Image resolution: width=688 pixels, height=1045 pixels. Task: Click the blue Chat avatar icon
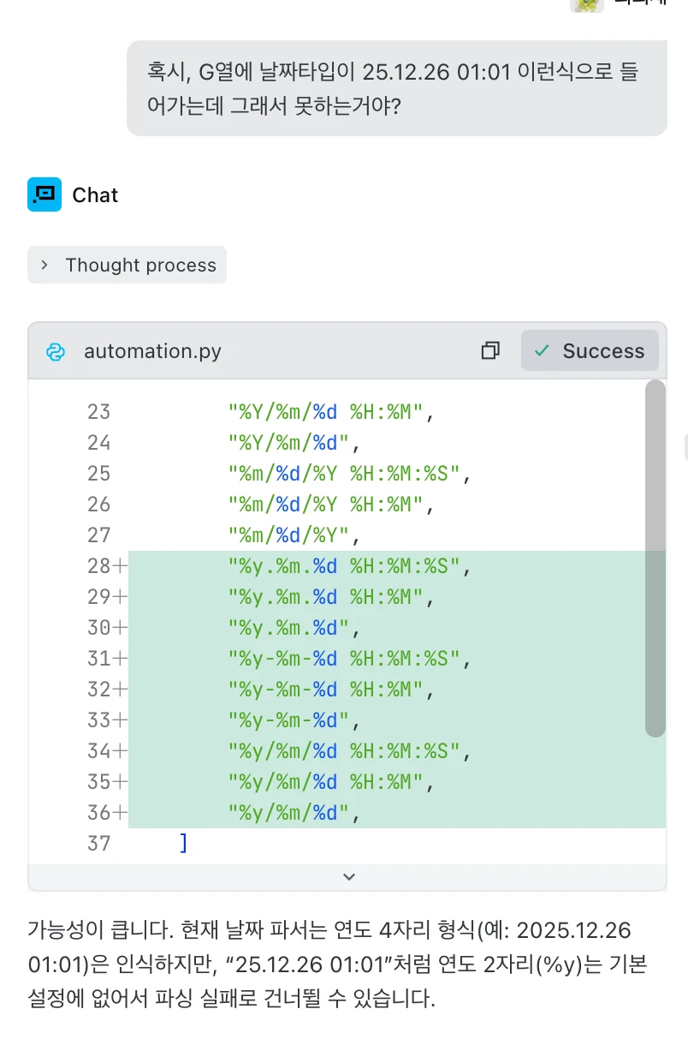[44, 194]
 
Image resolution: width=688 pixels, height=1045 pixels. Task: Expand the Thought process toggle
[127, 266]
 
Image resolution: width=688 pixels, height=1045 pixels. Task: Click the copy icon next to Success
[490, 350]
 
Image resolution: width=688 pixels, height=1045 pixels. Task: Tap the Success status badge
[590, 350]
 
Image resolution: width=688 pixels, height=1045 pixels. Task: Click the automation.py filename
[152, 351]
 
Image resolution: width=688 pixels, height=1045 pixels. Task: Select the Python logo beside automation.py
[56, 351]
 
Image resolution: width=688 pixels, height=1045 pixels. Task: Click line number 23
[99, 412]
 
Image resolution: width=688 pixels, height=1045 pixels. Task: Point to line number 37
[99, 844]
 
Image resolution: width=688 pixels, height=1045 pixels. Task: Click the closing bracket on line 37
[183, 844]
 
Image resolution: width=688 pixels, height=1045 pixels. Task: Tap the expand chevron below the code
[348, 876]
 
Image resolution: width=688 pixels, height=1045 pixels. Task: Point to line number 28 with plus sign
[106, 566]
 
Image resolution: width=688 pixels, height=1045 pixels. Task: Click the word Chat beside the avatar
[95, 195]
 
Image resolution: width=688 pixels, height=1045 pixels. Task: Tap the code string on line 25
[350, 474]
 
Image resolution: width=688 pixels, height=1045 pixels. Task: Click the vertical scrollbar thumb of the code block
[655, 557]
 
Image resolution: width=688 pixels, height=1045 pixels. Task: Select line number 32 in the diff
[106, 690]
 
